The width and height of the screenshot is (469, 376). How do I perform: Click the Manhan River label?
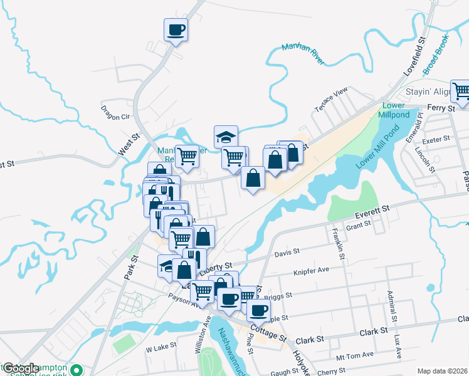(303, 55)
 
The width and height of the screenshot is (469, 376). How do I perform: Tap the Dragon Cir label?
(116, 113)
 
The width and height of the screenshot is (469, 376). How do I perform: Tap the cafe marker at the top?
(176, 29)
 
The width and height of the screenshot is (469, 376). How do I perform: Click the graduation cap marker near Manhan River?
(226, 136)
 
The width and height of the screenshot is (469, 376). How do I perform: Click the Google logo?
(21, 368)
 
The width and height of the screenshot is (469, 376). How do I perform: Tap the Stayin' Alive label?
(429, 91)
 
